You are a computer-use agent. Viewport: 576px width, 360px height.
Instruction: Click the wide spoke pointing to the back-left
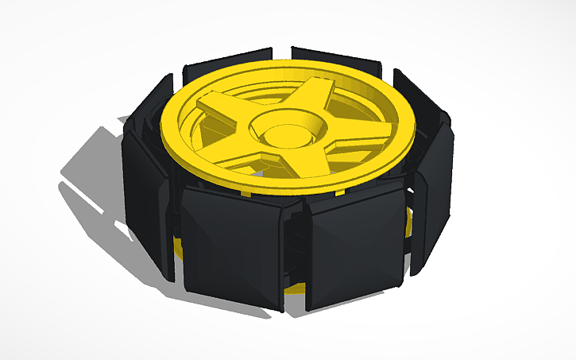point(223,106)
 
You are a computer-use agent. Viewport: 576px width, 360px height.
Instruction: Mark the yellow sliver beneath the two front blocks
point(294,287)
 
